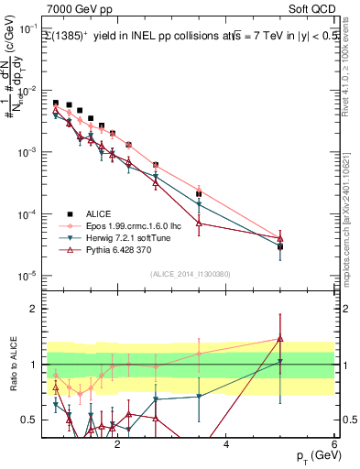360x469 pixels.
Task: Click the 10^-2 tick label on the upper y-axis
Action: (x=27, y=92)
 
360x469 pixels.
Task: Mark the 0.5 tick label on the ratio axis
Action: (x=29, y=420)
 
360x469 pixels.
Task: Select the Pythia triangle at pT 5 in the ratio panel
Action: (x=280, y=339)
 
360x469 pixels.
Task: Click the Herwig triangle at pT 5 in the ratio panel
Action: (x=280, y=361)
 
